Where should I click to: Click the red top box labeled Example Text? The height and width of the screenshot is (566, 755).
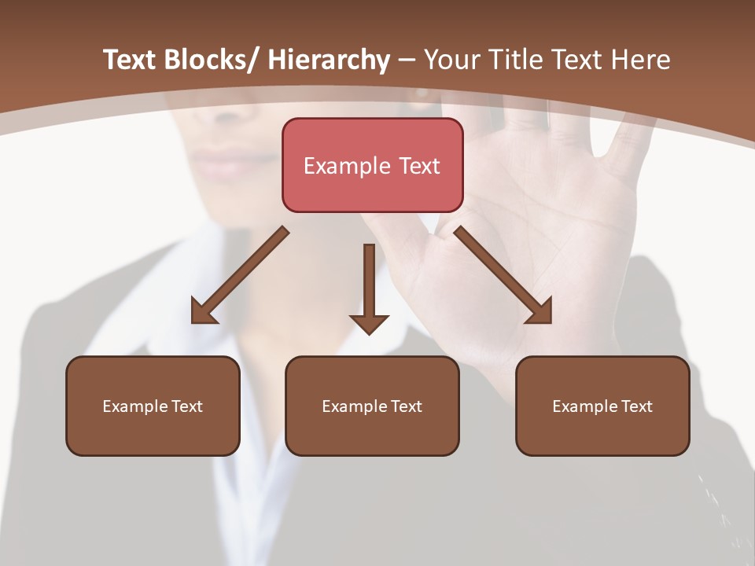(372, 165)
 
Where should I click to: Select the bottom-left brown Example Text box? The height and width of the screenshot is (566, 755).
(153, 406)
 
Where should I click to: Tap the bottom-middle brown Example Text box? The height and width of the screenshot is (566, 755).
(372, 406)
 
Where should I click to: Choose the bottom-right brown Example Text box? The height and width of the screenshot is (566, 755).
(602, 406)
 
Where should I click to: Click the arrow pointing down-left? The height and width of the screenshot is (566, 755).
(240, 275)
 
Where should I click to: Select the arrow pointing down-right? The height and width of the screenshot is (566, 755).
(503, 275)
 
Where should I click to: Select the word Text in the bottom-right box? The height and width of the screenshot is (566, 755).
(635, 406)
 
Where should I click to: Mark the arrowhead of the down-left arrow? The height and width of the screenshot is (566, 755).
(202, 313)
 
